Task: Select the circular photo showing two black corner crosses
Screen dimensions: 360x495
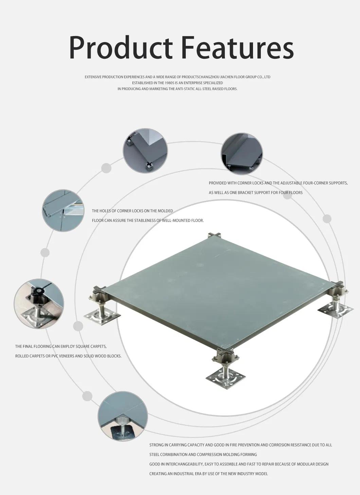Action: pos(145,151)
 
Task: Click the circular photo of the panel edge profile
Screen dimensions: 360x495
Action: pos(242,154)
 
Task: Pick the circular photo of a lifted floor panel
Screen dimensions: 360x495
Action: pos(63,210)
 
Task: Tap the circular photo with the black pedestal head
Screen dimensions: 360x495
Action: pos(39,304)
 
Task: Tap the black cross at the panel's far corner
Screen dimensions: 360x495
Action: pos(215,235)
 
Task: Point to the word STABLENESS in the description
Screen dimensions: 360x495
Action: pos(144,220)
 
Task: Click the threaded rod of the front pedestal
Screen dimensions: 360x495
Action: pos(226,369)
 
